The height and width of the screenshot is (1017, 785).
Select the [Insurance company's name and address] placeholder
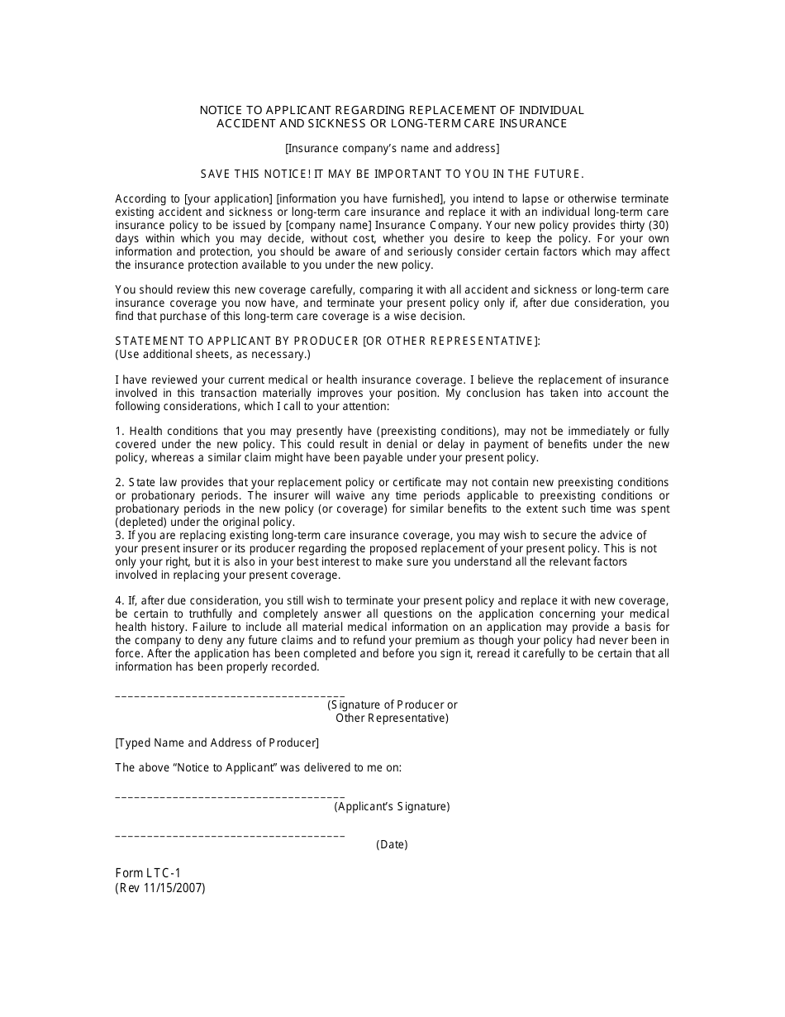(392, 149)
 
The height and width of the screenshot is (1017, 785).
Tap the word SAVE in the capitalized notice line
(216, 174)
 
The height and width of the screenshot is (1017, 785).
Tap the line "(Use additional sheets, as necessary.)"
(212, 355)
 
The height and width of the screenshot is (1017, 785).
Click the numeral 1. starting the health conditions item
(120, 432)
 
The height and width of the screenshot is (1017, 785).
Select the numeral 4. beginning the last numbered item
(120, 600)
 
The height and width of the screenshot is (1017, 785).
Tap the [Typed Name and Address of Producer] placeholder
(216, 743)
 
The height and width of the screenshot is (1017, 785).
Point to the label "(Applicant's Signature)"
(392, 807)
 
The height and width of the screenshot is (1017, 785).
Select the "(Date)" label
(392, 845)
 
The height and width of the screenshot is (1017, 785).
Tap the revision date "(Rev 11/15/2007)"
(160, 888)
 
